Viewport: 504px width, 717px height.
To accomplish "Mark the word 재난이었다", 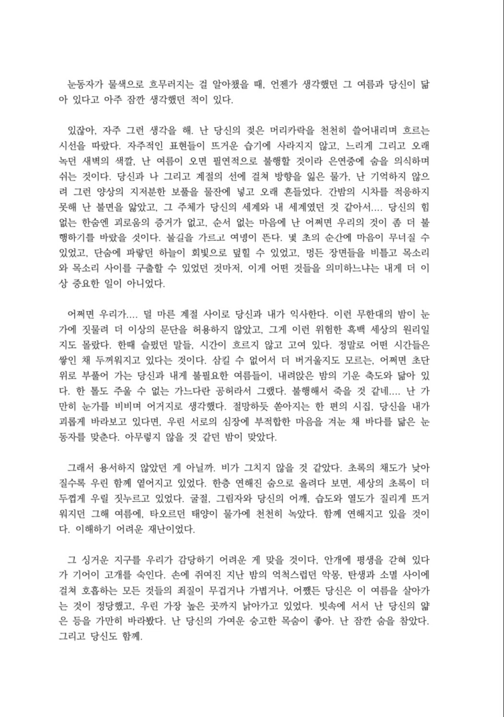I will (x=169, y=531).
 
